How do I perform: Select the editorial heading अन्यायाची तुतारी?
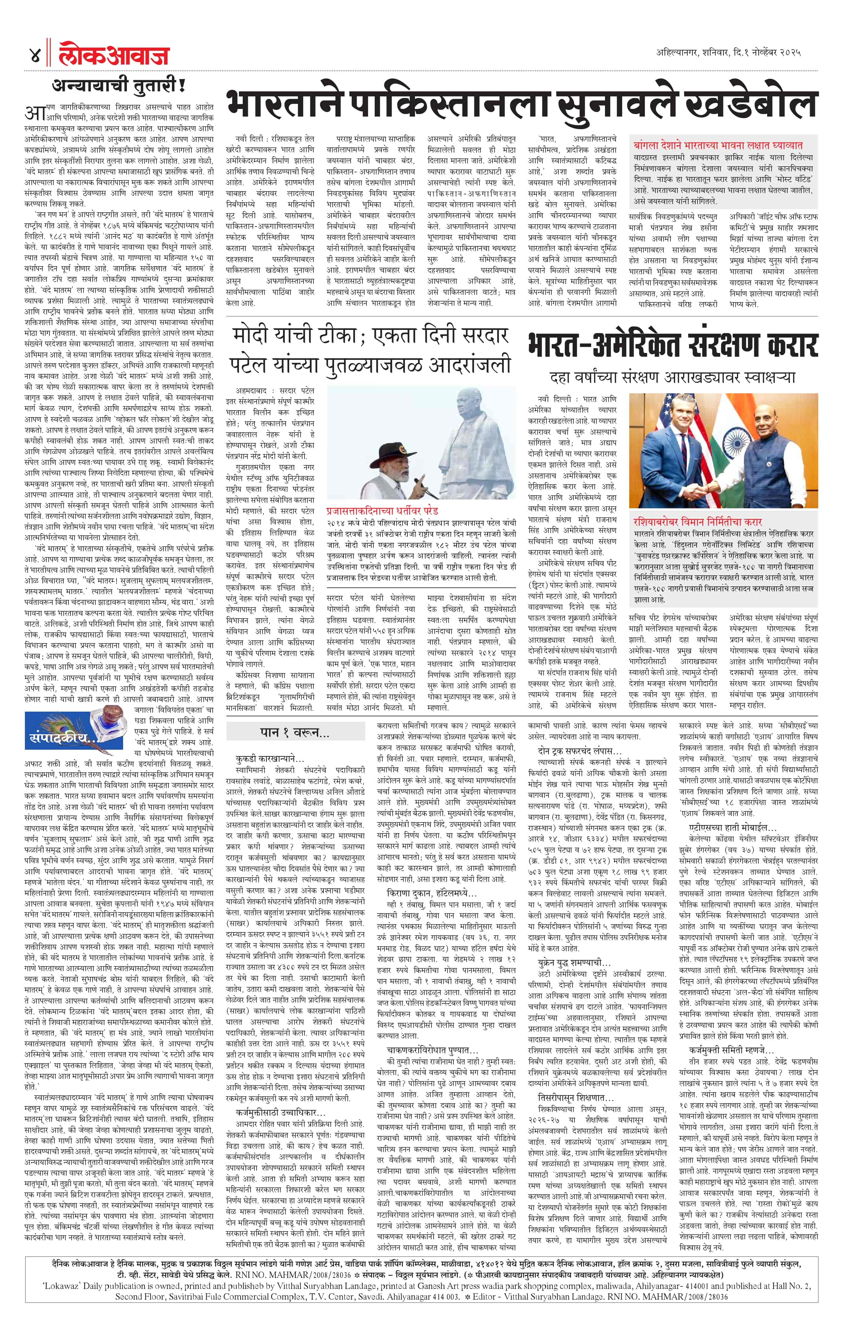click(118, 86)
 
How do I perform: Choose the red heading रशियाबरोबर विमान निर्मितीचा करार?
click(697, 522)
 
